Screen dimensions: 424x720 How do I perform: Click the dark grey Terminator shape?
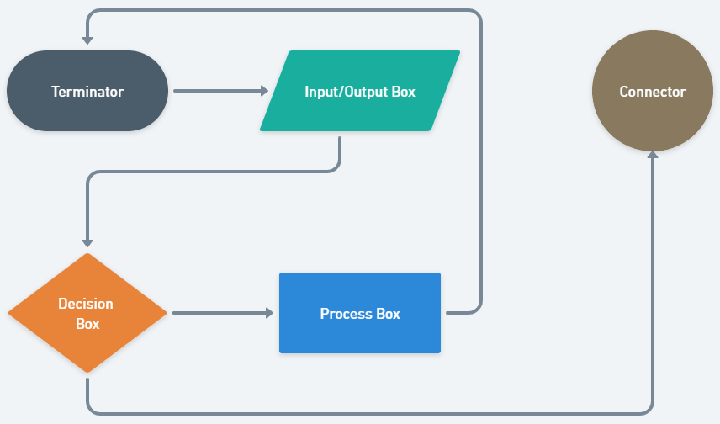pos(87,91)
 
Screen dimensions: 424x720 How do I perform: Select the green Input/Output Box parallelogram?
pos(360,91)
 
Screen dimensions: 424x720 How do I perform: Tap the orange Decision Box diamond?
pos(87,313)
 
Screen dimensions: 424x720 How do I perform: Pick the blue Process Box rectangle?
pos(360,313)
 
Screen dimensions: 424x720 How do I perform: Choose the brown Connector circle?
pos(653,91)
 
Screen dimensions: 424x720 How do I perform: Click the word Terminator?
pos(87,92)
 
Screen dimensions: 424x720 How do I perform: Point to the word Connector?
pos(653,92)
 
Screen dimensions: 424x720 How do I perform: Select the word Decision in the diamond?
pos(86,304)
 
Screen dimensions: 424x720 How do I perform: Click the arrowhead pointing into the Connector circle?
pos(653,156)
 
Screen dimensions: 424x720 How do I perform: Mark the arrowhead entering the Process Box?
pos(270,313)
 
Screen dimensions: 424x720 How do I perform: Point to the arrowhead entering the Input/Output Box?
pos(263,91)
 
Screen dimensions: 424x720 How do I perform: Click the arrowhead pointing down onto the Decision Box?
pos(87,242)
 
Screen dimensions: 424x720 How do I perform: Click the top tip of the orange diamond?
pos(87,254)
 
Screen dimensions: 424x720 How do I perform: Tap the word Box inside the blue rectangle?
pos(388,314)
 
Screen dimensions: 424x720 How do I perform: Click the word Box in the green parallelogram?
pos(404,92)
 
